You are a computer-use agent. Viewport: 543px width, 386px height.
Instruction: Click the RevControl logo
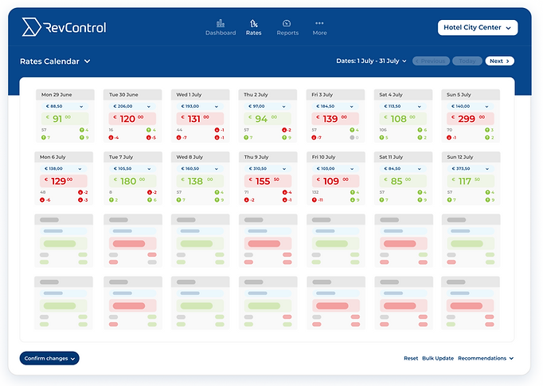pyautogui.click(x=64, y=28)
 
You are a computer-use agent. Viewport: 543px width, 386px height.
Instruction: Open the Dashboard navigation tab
pyautogui.click(x=221, y=28)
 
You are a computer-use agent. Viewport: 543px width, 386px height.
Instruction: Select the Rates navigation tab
pyautogui.click(x=253, y=28)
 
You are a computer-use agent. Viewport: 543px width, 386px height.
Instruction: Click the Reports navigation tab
pyautogui.click(x=287, y=28)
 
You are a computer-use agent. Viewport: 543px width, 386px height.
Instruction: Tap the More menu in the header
pyautogui.click(x=319, y=28)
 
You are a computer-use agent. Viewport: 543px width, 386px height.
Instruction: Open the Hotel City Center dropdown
pyautogui.click(x=478, y=28)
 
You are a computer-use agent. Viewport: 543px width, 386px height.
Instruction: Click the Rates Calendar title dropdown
pyautogui.click(x=55, y=61)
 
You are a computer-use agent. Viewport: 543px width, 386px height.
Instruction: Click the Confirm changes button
pyautogui.click(x=49, y=358)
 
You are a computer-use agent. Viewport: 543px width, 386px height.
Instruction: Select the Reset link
pyautogui.click(x=411, y=358)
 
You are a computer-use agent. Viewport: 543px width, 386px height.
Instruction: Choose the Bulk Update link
pyautogui.click(x=438, y=358)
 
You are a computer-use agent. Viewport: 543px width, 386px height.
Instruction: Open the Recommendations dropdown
pyautogui.click(x=486, y=358)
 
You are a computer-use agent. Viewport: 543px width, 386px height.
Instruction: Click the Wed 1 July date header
pyautogui.click(x=200, y=93)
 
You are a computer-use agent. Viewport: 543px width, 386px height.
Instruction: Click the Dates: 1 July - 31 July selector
pyautogui.click(x=367, y=61)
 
